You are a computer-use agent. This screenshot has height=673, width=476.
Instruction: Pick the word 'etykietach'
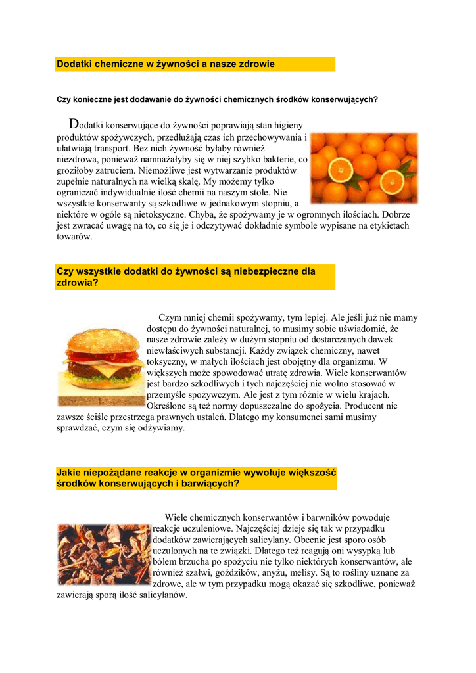pos(388,225)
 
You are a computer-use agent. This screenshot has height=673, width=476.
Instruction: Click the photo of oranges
pos(364,168)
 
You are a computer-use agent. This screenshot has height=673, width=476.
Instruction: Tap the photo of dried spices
pos(103,553)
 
